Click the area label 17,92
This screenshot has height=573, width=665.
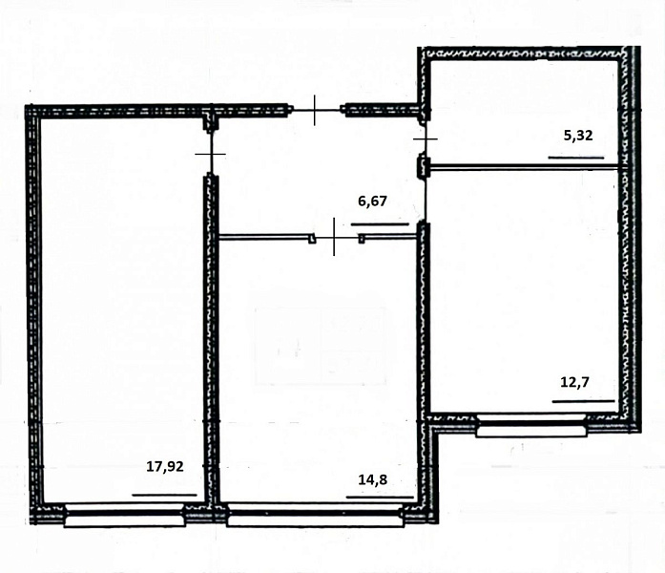[165, 466]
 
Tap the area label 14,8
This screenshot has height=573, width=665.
[373, 479]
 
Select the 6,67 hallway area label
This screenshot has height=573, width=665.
[373, 201]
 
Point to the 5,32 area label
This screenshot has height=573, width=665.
[578, 136]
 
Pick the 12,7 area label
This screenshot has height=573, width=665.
[575, 382]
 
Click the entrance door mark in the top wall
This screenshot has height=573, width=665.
[315, 111]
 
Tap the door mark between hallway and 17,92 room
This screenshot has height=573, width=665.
[210, 153]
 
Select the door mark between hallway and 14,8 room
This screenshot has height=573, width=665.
[334, 237]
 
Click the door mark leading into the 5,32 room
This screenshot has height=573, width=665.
[425, 138]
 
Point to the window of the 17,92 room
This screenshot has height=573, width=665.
[125, 515]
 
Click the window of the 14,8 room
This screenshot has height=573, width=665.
[315, 515]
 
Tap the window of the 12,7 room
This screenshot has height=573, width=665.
[531, 426]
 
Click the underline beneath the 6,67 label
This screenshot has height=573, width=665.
[380, 224]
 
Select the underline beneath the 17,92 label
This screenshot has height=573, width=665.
[164, 495]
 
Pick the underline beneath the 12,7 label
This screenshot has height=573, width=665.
[584, 401]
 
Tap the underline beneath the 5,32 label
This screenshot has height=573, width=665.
[576, 158]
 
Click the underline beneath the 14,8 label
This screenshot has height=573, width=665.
[380, 497]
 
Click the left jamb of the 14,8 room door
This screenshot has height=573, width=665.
[312, 239]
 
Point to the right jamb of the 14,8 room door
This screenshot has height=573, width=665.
[362, 239]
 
